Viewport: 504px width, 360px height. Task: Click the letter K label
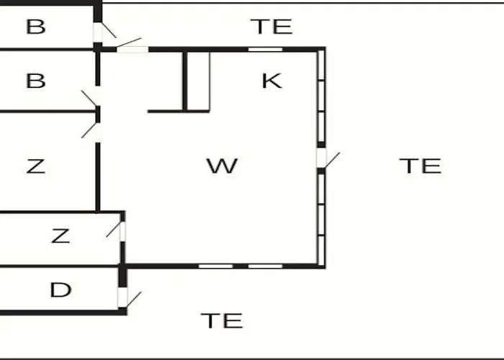coord(272,81)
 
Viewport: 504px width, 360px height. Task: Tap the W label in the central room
coord(222,166)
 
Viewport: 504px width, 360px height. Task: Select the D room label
coord(60,289)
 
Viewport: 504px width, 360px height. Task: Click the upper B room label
coord(36,27)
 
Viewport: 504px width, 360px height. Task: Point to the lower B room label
coord(36,81)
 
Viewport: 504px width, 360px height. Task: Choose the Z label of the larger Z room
coord(36,166)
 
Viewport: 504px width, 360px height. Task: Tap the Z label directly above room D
coord(60,235)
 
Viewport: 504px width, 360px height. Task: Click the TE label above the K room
coord(271,27)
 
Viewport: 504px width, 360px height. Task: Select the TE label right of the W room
coord(420,166)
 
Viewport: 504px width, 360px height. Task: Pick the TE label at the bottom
coord(222,321)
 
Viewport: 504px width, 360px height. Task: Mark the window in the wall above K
coord(265,50)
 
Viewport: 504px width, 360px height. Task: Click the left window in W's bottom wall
coord(216,266)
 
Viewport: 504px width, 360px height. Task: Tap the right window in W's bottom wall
coord(265,266)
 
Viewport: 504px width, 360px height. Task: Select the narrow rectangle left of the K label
coord(198,81)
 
